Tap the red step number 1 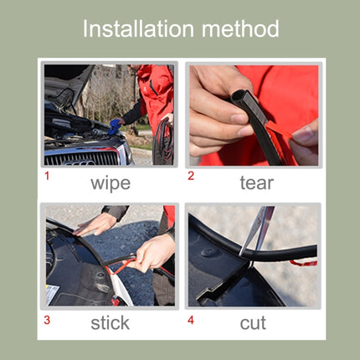click(47, 176)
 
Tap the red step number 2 click(191, 176)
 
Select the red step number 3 click(47, 319)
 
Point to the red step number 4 click(191, 319)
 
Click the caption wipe click(110, 182)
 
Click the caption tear click(256, 182)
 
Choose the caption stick click(110, 322)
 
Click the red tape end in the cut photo click(303, 262)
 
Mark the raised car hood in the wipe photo click(67, 84)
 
